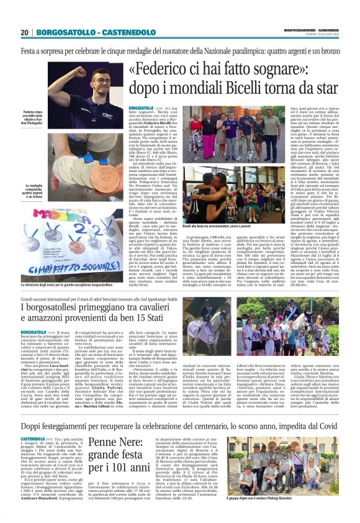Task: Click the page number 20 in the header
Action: point(25,32)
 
